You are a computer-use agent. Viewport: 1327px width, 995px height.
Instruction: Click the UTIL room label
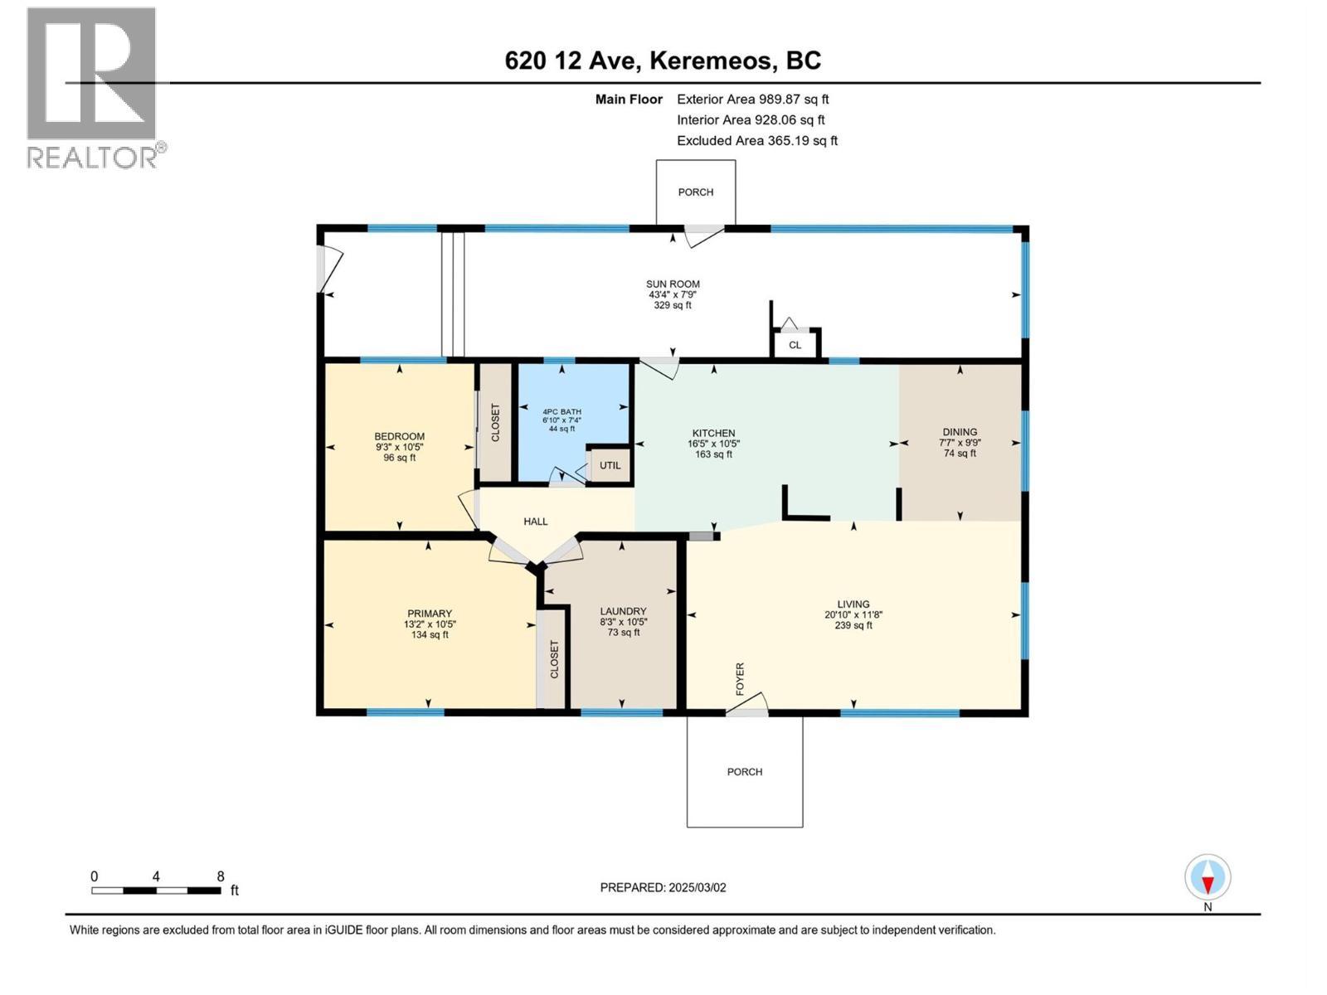pos(610,466)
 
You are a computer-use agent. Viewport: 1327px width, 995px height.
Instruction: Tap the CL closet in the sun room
pos(795,345)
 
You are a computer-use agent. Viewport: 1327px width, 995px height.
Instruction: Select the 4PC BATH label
pos(561,411)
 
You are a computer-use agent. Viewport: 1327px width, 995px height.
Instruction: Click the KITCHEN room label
pos(713,433)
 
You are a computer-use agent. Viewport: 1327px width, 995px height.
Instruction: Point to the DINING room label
pos(960,432)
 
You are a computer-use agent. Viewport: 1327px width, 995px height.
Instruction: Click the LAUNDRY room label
pos(623,611)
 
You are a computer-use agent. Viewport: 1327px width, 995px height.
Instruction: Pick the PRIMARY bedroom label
pos(429,614)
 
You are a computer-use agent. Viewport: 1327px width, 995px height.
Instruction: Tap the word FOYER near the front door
pos(740,678)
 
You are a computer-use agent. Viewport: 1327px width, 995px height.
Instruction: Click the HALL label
pos(535,522)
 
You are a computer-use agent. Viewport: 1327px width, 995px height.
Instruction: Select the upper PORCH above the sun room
pos(695,192)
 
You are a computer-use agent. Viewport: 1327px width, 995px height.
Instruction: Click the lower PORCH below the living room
pos(744,772)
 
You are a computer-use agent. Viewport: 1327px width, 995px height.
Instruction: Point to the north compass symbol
pos(1208,878)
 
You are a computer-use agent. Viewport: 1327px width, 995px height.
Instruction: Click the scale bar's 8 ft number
pos(221,876)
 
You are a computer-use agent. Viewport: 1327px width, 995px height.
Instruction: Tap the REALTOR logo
pos(92,87)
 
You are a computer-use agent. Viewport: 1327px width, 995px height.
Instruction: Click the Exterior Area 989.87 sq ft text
pos(752,99)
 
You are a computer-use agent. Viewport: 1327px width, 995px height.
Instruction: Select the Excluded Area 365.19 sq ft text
pos(756,141)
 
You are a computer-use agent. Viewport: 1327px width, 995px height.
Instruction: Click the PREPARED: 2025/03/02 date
pos(663,887)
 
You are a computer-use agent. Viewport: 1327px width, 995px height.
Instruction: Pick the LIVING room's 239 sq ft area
pos(853,625)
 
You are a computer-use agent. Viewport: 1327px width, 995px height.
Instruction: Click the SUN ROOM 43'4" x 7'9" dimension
pos(673,294)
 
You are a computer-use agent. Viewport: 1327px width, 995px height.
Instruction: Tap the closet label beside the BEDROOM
pos(496,422)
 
